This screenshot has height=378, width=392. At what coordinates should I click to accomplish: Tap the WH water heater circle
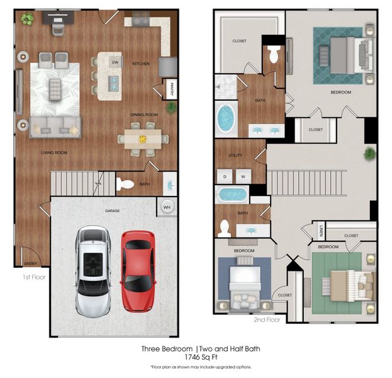[167, 207]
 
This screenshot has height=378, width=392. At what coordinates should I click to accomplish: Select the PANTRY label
[171, 91]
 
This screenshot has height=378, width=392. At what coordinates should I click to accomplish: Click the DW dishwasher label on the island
[115, 62]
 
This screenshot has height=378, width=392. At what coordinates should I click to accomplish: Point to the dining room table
[143, 139]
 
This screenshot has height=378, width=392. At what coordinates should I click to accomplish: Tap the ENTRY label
[30, 263]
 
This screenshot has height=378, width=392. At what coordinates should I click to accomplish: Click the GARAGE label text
[113, 210]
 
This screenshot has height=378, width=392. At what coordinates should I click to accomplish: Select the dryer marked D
[225, 177]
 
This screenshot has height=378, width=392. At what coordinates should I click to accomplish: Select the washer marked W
[243, 177]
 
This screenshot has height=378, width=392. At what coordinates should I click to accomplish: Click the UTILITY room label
[235, 154]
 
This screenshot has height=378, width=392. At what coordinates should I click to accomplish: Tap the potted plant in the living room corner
[27, 19]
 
